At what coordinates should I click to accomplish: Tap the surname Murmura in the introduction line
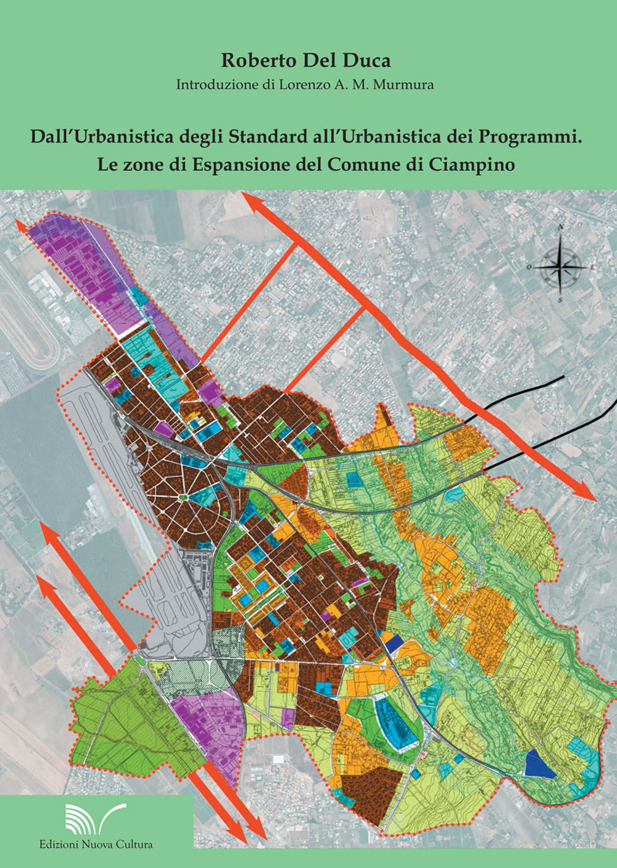click(x=403, y=85)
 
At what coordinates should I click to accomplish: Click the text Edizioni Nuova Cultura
click(x=96, y=844)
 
